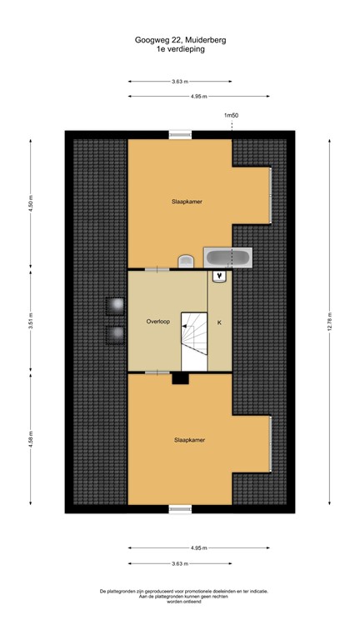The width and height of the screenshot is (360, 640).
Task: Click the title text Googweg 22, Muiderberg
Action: point(180,39)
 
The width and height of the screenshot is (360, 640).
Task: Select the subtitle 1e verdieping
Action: point(180,49)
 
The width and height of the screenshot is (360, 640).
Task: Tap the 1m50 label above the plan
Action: point(232,116)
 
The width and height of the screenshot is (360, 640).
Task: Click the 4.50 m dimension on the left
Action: point(31,204)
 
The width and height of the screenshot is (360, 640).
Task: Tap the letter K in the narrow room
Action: point(220,321)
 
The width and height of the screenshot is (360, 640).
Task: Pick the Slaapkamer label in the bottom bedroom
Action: point(189,439)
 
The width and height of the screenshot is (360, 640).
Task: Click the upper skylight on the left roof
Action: point(113,306)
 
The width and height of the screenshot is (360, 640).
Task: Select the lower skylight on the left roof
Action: point(113,335)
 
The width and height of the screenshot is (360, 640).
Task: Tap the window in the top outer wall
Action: point(180,134)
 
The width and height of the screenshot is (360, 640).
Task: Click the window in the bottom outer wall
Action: point(180,508)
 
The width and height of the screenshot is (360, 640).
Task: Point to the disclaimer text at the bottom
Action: point(180,595)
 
